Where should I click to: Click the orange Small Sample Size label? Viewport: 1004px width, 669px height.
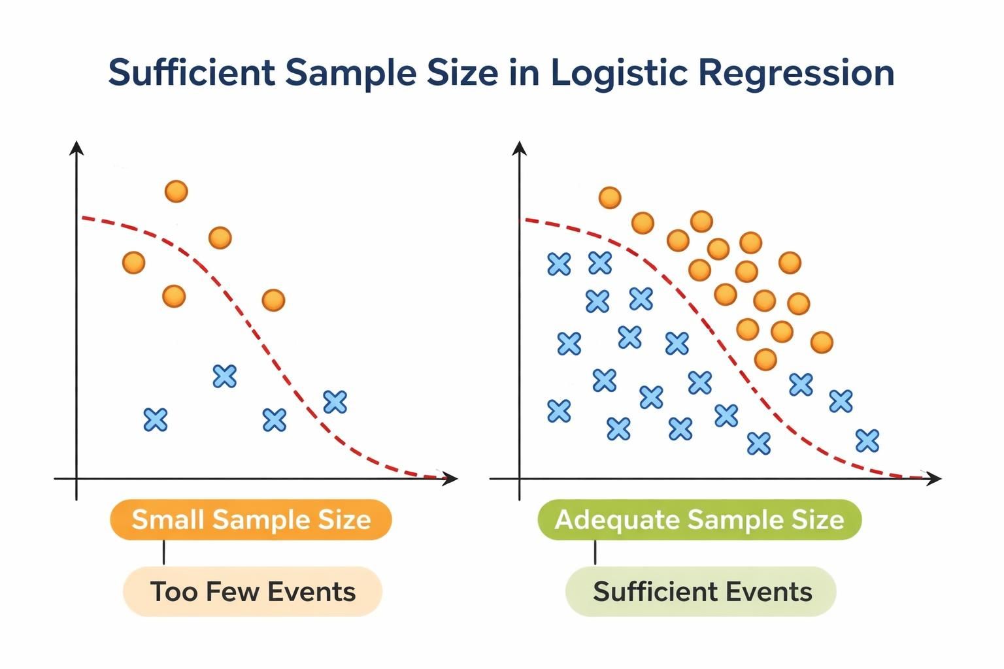(x=251, y=520)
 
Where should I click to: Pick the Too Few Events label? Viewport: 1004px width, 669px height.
(x=252, y=591)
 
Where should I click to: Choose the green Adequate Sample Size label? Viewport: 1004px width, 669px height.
(x=699, y=520)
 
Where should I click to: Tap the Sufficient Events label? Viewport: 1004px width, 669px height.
(x=701, y=591)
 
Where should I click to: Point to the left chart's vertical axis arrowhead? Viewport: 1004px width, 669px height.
(x=77, y=148)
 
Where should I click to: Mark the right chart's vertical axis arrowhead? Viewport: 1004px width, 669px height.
(x=520, y=148)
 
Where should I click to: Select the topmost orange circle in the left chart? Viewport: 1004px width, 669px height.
(x=176, y=191)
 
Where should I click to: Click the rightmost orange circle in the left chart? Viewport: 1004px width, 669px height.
(x=273, y=300)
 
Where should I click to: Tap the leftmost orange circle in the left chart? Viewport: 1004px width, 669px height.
(x=133, y=263)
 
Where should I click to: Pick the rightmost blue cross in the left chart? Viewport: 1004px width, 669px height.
(x=335, y=401)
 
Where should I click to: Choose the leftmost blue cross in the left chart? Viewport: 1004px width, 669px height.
(x=156, y=419)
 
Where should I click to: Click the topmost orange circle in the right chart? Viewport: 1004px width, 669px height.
(x=610, y=197)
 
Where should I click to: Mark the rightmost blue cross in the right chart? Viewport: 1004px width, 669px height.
(x=867, y=441)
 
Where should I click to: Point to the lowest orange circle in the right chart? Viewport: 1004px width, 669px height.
(x=765, y=359)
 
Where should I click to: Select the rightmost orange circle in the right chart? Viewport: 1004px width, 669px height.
(x=822, y=342)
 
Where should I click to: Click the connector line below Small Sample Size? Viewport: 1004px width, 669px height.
(x=163, y=552)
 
